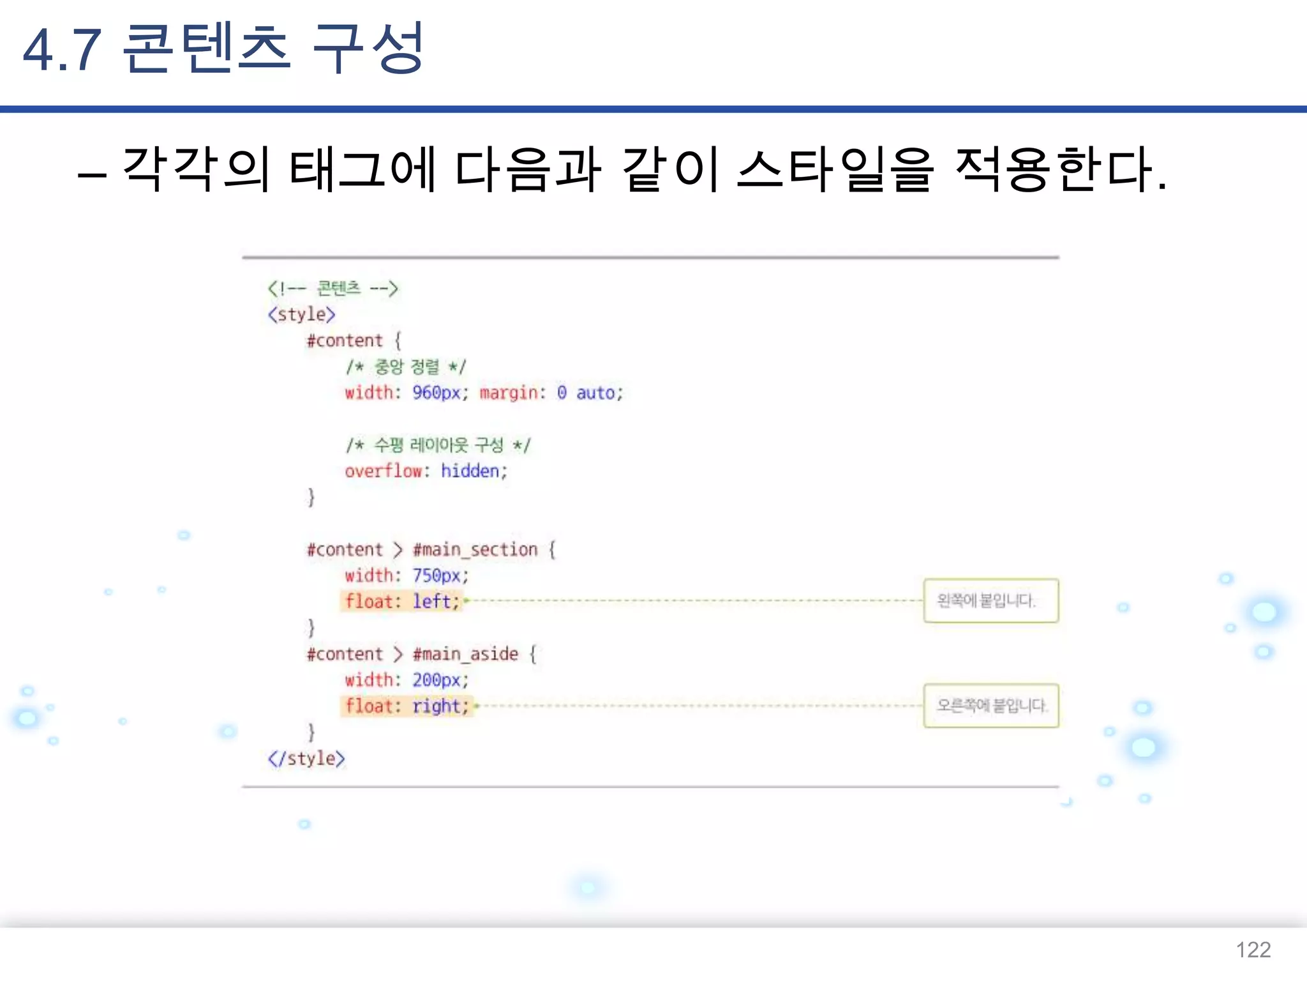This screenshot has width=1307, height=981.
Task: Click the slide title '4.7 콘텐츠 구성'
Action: tap(223, 49)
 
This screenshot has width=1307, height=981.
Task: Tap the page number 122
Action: tap(1253, 950)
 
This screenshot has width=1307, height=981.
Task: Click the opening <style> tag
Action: tap(302, 314)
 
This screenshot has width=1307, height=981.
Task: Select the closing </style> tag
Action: tap(306, 758)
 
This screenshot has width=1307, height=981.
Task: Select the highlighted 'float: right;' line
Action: tap(407, 706)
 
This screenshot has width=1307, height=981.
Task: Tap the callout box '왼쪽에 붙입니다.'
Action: tap(990, 600)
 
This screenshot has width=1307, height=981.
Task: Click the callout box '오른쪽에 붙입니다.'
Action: tap(990, 706)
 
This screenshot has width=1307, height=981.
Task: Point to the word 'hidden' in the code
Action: tap(470, 471)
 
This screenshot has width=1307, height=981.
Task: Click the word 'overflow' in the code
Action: tap(384, 471)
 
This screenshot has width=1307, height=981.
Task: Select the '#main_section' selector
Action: tap(475, 549)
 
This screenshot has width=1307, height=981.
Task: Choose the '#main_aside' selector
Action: tap(465, 654)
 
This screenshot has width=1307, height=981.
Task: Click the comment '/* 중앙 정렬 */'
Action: tap(406, 367)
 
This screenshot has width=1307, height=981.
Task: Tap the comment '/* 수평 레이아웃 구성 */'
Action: tap(438, 445)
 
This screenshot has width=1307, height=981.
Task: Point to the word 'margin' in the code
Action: tap(509, 392)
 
